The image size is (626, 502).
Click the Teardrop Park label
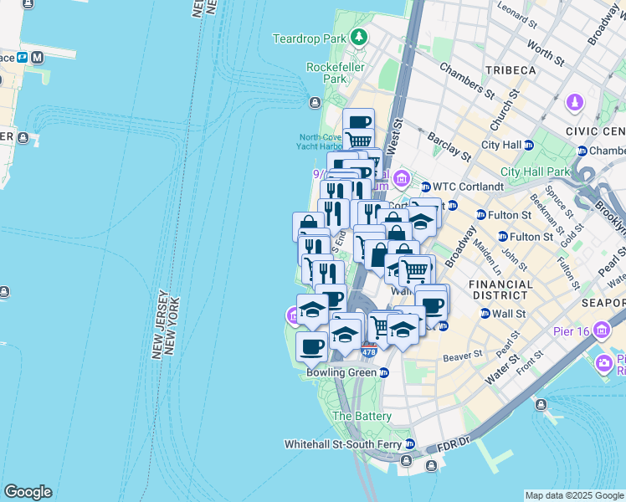coord(310,38)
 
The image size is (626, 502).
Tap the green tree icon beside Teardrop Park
coord(359,37)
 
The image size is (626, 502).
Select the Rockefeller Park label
coord(326,73)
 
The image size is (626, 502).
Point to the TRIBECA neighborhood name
coord(509,70)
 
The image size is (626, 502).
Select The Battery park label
coord(362,416)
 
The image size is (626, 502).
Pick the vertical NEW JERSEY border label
coord(157,325)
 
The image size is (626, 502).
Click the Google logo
coord(28,492)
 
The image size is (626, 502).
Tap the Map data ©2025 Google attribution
coord(574,495)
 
